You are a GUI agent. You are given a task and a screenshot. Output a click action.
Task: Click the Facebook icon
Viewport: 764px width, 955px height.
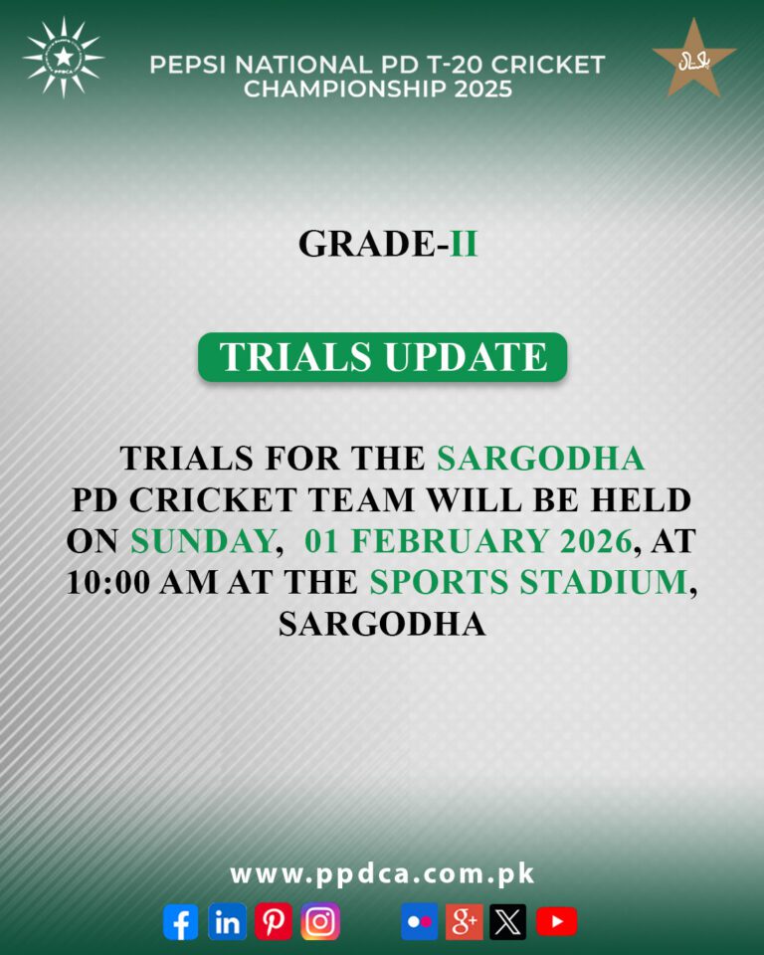(x=180, y=922)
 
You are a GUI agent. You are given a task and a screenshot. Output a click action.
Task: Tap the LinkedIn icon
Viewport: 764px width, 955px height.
(x=227, y=922)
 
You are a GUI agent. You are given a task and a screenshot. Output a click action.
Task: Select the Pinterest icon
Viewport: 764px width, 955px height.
(x=274, y=922)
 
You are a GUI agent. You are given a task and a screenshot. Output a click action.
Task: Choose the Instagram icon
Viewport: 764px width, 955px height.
(x=320, y=922)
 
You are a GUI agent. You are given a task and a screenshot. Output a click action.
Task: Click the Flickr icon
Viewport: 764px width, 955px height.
(x=420, y=922)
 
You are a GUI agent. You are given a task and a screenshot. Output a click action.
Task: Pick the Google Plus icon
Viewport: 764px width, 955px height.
(x=465, y=922)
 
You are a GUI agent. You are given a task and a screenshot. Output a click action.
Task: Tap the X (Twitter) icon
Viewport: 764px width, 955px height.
(x=508, y=922)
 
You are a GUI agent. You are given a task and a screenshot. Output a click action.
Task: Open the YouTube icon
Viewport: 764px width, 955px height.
(x=556, y=922)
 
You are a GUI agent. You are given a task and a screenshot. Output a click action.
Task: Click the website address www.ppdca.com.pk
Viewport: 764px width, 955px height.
(x=383, y=874)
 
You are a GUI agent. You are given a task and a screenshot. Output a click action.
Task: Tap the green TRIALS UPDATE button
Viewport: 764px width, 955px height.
(x=383, y=357)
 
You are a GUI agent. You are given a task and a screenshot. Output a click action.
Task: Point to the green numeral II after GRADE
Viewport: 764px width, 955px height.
(x=464, y=244)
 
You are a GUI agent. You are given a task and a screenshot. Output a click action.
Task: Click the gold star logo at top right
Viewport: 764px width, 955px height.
(x=694, y=59)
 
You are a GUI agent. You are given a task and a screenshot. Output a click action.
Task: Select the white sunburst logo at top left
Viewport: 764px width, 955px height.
(x=63, y=57)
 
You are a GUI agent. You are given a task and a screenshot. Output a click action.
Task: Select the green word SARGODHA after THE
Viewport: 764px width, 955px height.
(x=541, y=459)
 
